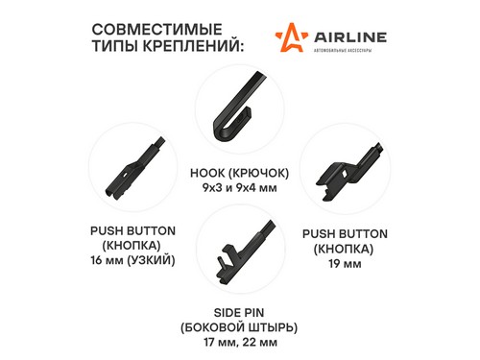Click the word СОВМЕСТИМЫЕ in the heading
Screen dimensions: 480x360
(x=156, y=30)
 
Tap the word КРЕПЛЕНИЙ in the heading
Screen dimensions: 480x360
(x=193, y=46)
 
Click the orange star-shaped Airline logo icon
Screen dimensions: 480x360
(x=292, y=37)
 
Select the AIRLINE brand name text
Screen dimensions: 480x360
(x=350, y=37)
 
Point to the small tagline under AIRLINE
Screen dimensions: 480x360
(x=343, y=50)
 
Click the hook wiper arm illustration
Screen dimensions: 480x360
(x=238, y=107)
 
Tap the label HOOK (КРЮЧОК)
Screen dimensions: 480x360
(x=239, y=173)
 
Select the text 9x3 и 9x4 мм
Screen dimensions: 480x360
(x=239, y=188)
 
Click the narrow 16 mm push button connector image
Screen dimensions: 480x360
(x=133, y=169)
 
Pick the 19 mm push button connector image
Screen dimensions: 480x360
(x=348, y=172)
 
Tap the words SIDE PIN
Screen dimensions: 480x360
(x=239, y=313)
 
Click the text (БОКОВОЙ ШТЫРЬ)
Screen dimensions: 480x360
(x=239, y=327)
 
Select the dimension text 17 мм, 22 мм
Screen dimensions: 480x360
(x=240, y=343)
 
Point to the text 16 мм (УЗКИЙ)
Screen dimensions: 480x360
(x=132, y=260)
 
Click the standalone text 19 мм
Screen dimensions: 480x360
(x=345, y=264)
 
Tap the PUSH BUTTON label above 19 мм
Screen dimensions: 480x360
(x=345, y=234)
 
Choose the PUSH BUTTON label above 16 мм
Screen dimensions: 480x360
(x=132, y=231)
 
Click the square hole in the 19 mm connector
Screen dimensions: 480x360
(x=345, y=174)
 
